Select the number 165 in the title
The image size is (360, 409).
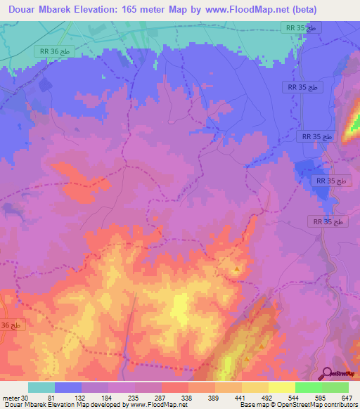147,10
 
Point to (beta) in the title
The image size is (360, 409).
303,10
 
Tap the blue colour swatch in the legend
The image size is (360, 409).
67,388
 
